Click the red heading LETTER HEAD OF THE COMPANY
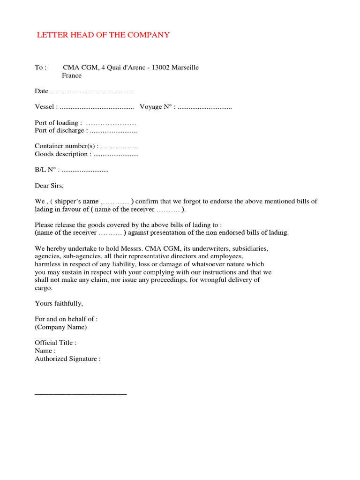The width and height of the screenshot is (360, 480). pos(103,35)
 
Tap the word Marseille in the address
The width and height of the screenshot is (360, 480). pos(185,67)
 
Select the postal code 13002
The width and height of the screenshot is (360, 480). pos(160,67)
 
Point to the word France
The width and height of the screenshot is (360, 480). pos(72,75)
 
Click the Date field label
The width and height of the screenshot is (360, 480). pos(42,91)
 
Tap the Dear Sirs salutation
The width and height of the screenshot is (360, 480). pos(49,186)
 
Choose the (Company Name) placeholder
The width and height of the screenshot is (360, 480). pos(61,327)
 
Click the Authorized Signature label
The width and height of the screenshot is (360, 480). pos(67,359)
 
